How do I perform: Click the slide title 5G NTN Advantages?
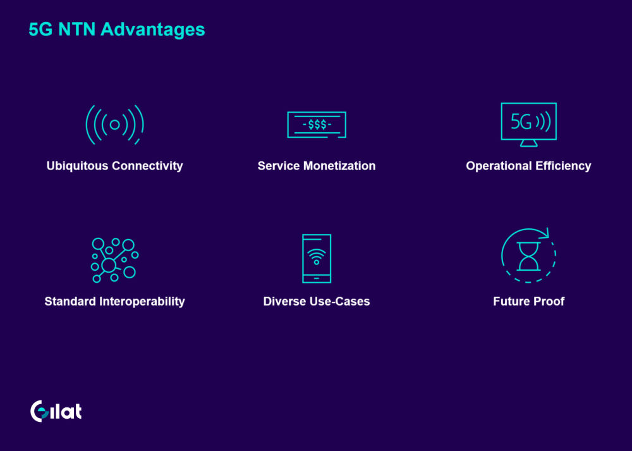coord(117,30)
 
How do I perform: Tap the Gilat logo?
coord(56,411)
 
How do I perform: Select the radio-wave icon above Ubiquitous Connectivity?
coord(115,125)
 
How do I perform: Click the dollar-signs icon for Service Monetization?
coord(317,125)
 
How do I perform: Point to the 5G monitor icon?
coord(529,124)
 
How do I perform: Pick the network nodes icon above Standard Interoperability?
coord(115,260)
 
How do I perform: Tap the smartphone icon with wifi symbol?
coord(317,259)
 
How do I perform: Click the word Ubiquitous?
coord(77,166)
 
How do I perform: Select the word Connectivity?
coord(147,166)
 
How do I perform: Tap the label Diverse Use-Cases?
coord(317,301)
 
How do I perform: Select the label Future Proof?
coord(529,301)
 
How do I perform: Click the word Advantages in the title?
coord(153,30)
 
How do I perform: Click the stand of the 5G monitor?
coord(529,143)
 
